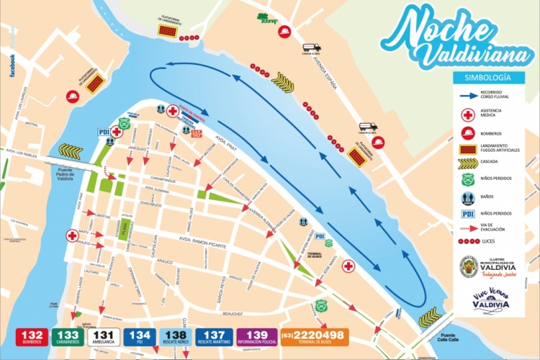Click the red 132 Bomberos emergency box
pos(33,337)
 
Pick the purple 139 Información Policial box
pos(258,337)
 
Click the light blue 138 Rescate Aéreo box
pos(178,337)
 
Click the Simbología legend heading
pos(489,76)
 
